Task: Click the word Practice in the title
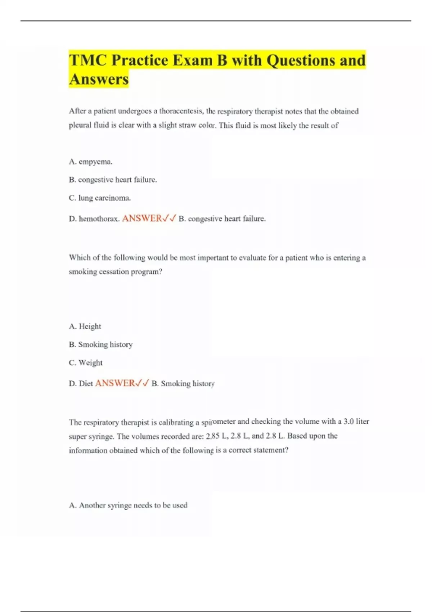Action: [140, 60]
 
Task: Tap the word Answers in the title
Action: [99, 79]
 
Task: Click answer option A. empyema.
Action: [91, 162]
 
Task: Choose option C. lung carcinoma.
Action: [100, 198]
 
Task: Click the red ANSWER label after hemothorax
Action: [142, 219]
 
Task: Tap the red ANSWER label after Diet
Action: [115, 383]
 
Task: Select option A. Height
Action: [85, 327]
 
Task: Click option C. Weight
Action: [86, 363]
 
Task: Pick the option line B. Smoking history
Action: [101, 345]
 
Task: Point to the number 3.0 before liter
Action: [348, 422]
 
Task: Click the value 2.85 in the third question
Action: [213, 436]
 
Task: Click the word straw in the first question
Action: [187, 126]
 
